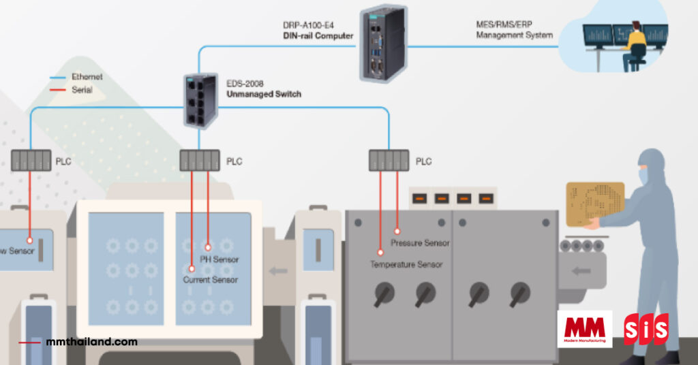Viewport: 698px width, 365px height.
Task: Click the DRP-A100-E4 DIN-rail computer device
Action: pos(382,44)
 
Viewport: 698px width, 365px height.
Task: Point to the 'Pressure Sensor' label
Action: pos(420,242)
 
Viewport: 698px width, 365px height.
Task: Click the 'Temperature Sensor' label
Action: pos(406,264)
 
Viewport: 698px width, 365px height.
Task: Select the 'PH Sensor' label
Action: pos(219,259)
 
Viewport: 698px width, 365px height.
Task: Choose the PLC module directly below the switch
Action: pos(200,161)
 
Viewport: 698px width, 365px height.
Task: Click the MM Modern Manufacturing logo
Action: pos(584,329)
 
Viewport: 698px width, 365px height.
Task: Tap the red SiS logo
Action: pos(646,329)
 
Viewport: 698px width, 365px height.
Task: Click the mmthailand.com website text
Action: pos(93,342)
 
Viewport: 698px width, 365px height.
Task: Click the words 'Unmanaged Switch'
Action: pos(263,94)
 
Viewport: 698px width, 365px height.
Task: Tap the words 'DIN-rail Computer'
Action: pos(318,35)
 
